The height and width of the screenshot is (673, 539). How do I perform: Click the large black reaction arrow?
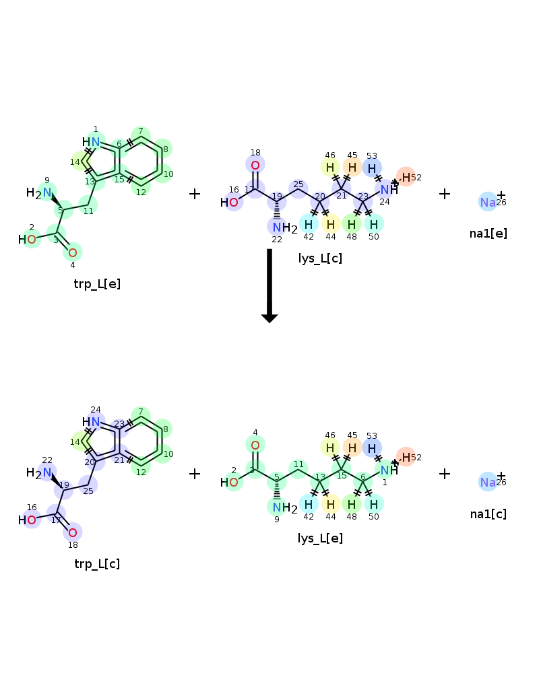[x=269, y=285]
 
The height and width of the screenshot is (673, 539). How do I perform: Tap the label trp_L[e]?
[x=97, y=284]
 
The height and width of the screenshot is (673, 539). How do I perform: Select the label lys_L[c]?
[x=320, y=258]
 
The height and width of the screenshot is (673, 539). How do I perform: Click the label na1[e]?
[x=488, y=234]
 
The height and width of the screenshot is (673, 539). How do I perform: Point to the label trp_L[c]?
[x=97, y=564]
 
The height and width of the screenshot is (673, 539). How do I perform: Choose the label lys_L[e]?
[x=320, y=538]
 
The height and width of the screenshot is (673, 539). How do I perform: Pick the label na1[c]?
[x=488, y=513]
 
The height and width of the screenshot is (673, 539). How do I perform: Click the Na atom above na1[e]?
[x=488, y=202]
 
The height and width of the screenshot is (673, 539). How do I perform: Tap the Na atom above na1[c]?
[x=488, y=483]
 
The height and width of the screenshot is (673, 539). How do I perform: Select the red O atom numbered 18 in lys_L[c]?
[x=255, y=166]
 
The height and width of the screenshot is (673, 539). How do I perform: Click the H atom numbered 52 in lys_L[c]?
[x=406, y=177]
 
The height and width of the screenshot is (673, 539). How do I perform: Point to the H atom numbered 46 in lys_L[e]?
[x=330, y=448]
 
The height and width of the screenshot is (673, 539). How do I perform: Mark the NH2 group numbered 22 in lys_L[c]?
[x=285, y=228]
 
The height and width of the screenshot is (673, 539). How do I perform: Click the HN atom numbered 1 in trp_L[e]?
[x=91, y=141]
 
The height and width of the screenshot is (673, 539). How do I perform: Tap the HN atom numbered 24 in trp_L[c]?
[x=91, y=422]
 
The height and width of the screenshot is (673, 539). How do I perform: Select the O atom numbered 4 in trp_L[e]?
[x=73, y=253]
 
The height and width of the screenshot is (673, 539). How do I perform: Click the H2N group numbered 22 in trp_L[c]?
[x=38, y=473]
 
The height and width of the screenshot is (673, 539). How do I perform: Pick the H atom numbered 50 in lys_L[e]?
[x=374, y=504]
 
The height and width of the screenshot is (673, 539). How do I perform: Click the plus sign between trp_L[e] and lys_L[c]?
[x=195, y=194]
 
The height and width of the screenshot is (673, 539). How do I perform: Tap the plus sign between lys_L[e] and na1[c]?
[x=445, y=474]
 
